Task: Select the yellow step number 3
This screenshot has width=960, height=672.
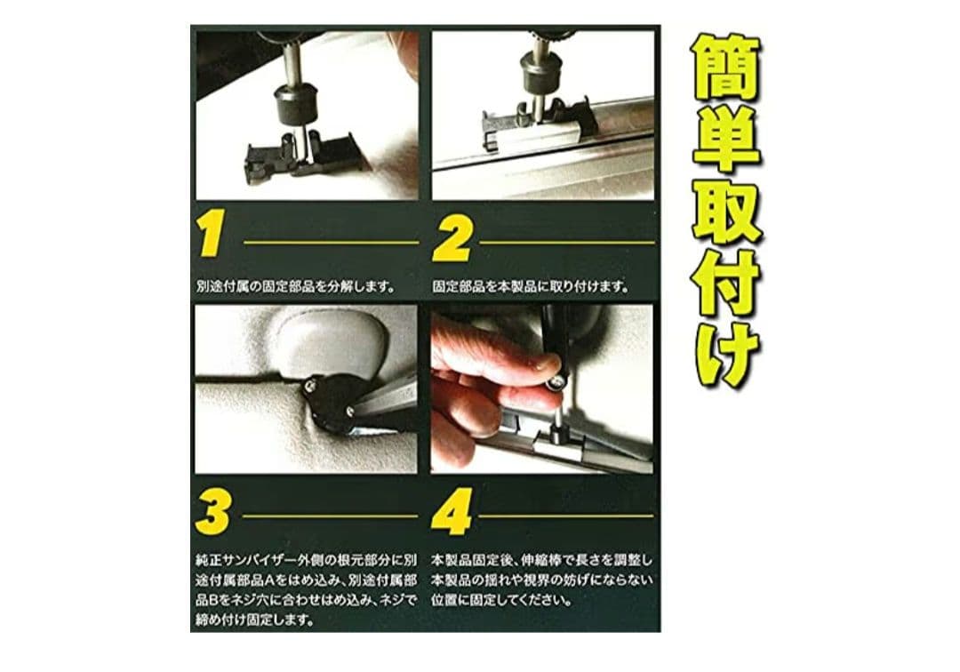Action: (213, 512)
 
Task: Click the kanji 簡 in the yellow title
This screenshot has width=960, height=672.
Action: (727, 68)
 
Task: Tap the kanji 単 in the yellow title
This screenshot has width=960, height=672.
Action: (727, 139)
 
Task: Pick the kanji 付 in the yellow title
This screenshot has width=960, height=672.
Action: (727, 283)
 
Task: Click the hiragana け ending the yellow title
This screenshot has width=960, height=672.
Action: (727, 353)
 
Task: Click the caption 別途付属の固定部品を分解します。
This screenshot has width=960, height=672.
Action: (296, 286)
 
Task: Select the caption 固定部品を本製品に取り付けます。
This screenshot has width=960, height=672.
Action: (531, 286)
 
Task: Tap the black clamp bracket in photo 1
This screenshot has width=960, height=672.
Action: (300, 158)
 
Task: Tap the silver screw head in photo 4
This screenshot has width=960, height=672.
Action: (556, 382)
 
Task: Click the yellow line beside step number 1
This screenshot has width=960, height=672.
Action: (332, 243)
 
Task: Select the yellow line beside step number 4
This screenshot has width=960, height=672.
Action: (566, 516)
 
